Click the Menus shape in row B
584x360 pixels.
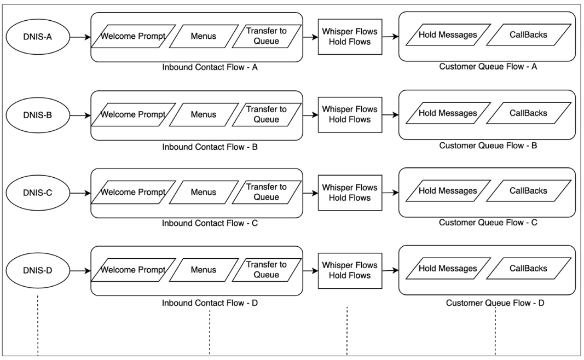tap(204, 115)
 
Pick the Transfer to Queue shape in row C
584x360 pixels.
tap(267, 193)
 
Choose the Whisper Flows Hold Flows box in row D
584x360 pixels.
tap(350, 270)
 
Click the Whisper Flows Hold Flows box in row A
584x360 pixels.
tap(350, 37)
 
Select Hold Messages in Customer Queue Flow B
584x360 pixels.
tap(447, 114)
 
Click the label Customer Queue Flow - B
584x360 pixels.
tap(487, 146)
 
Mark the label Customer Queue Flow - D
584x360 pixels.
tap(495, 303)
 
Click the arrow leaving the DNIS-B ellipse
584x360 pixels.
tap(78, 115)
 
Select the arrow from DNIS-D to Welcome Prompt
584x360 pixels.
tap(78, 271)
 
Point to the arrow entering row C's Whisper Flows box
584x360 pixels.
tap(310, 193)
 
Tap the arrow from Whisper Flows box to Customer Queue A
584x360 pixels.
tap(390, 37)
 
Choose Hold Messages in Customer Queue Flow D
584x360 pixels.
tap(447, 269)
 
